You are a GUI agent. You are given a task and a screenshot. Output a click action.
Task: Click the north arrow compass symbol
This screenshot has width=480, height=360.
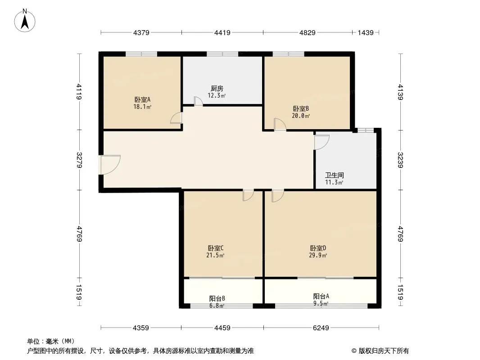(x=25, y=21)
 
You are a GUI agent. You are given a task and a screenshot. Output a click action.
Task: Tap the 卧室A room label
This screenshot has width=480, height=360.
(x=142, y=100)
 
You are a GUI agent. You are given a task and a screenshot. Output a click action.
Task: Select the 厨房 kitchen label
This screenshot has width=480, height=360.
(x=217, y=89)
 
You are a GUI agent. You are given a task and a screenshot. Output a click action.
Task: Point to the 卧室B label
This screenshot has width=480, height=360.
(x=301, y=108)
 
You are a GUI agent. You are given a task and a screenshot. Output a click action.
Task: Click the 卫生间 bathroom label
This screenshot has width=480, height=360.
(x=334, y=175)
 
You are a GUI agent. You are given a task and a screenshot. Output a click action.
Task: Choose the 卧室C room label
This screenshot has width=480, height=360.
(x=216, y=248)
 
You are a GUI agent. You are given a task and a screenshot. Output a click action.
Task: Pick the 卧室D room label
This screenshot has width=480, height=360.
(x=318, y=248)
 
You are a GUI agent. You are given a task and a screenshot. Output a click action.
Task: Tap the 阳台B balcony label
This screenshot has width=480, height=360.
(x=217, y=298)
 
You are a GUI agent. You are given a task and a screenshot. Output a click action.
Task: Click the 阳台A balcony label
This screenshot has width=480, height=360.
(x=321, y=296)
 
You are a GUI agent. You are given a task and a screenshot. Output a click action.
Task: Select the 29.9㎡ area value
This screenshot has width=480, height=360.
(x=318, y=256)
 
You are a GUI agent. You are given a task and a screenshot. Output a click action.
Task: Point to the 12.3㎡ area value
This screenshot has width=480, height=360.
(x=217, y=95)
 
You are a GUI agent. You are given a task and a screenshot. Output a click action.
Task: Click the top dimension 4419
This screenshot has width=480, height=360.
(x=222, y=32)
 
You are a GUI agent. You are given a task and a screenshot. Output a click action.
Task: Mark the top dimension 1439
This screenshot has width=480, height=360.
(x=366, y=32)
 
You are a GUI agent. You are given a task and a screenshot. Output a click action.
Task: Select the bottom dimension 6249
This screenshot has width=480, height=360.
(x=321, y=328)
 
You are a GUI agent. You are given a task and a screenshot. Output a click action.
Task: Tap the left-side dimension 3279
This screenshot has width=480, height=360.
(x=79, y=160)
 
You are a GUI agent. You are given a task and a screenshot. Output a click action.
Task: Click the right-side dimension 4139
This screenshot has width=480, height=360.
(x=400, y=92)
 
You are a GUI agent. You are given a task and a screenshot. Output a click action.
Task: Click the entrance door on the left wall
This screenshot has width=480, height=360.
(x=109, y=165)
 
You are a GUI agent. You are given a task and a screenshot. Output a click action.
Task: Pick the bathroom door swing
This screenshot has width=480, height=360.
(x=322, y=142)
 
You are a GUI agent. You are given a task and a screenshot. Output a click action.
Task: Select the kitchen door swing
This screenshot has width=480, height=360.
(x=199, y=101)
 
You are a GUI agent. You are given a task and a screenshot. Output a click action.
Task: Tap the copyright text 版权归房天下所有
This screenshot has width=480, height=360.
(x=384, y=351)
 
